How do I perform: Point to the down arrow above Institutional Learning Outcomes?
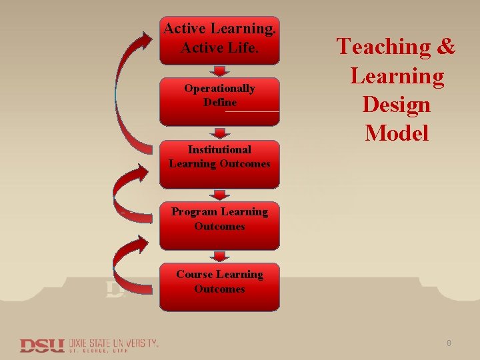[219, 133]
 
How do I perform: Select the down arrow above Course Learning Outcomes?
[219, 257]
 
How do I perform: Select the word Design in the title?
[397, 105]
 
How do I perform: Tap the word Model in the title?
[397, 133]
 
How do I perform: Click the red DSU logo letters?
[41, 345]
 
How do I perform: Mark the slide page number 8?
[449, 343]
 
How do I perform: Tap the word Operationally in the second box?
[219, 89]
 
